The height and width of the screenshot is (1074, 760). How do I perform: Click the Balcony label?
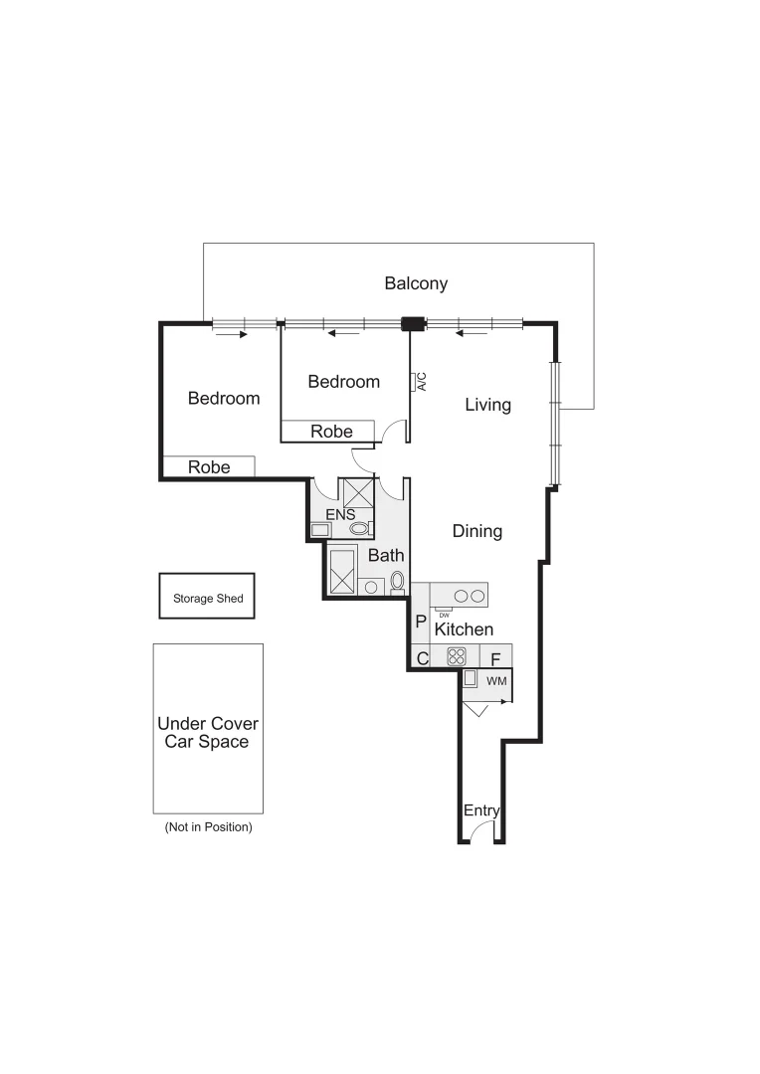click(x=416, y=283)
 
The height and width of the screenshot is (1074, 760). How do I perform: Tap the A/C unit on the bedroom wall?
click(x=414, y=382)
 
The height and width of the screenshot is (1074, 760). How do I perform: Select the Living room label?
click(x=487, y=405)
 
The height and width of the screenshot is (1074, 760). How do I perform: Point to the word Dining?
click(x=477, y=531)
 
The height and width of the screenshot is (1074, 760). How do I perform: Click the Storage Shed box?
click(x=208, y=598)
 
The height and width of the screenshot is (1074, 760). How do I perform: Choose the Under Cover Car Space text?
click(x=208, y=733)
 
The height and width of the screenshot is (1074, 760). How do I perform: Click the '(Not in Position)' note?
click(x=208, y=826)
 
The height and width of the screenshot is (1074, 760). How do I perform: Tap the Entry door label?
click(x=481, y=810)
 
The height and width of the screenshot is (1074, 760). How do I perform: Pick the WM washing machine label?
click(x=496, y=681)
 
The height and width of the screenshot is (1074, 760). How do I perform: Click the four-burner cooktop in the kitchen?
click(x=457, y=656)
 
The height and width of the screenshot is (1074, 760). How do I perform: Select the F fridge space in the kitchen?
click(x=495, y=658)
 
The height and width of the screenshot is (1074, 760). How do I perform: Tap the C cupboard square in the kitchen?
click(x=422, y=657)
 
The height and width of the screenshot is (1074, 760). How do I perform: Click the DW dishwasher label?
click(x=444, y=615)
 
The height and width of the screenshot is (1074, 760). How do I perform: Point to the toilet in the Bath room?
click(x=398, y=580)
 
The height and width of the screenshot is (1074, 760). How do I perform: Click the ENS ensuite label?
click(x=340, y=514)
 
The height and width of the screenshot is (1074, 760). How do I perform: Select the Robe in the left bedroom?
click(x=209, y=466)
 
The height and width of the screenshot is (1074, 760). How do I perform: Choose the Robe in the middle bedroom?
click(x=331, y=432)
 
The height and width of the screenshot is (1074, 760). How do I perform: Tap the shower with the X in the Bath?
click(x=343, y=572)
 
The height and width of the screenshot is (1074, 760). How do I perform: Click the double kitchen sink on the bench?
click(x=470, y=596)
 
